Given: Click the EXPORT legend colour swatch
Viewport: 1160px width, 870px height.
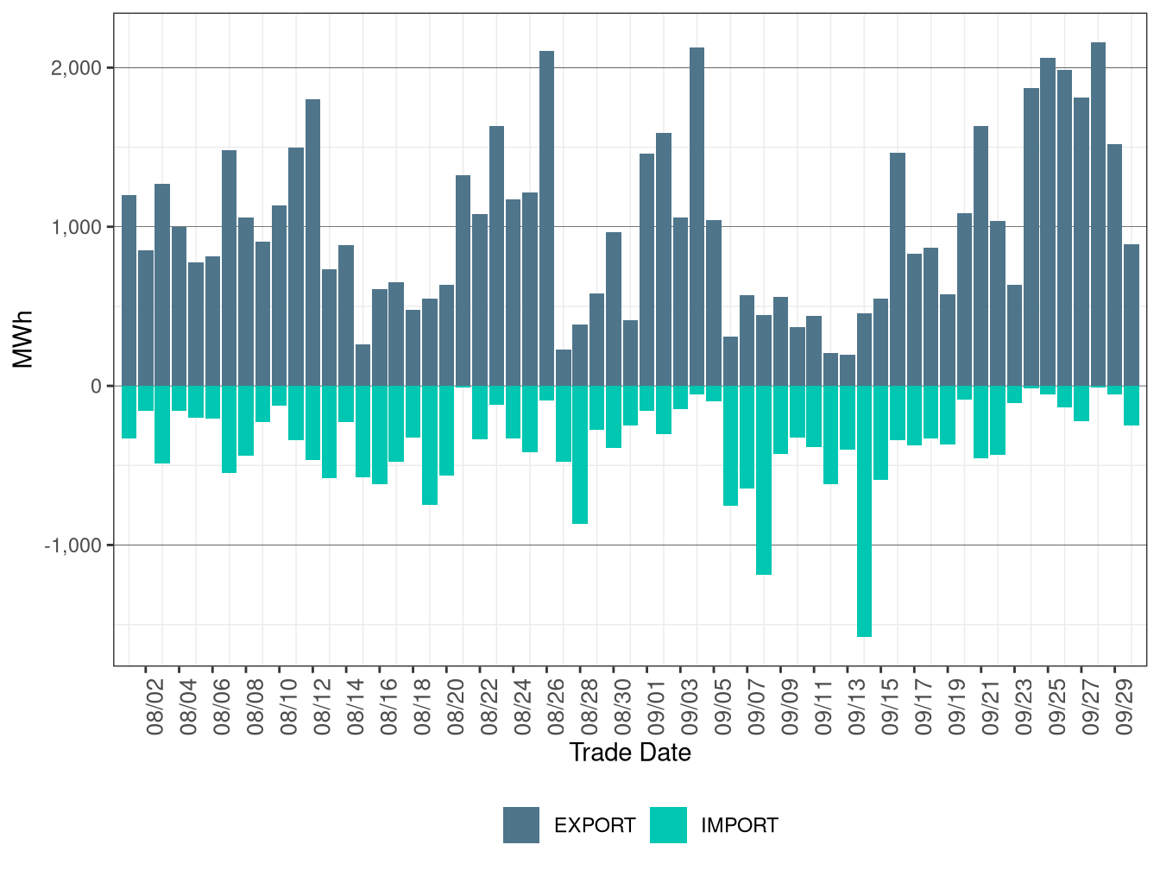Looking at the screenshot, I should (x=521, y=825).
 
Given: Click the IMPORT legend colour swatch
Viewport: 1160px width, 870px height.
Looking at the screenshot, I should (x=669, y=825).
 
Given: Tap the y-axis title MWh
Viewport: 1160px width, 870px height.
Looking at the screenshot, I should (x=23, y=339).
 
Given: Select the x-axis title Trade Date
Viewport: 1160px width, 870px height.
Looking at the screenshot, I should (x=630, y=753).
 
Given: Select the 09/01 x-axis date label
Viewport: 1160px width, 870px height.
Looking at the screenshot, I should (x=657, y=707).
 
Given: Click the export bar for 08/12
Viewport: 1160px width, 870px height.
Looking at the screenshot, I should (x=312, y=243).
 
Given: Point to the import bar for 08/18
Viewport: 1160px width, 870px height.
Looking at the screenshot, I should (x=429, y=445).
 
